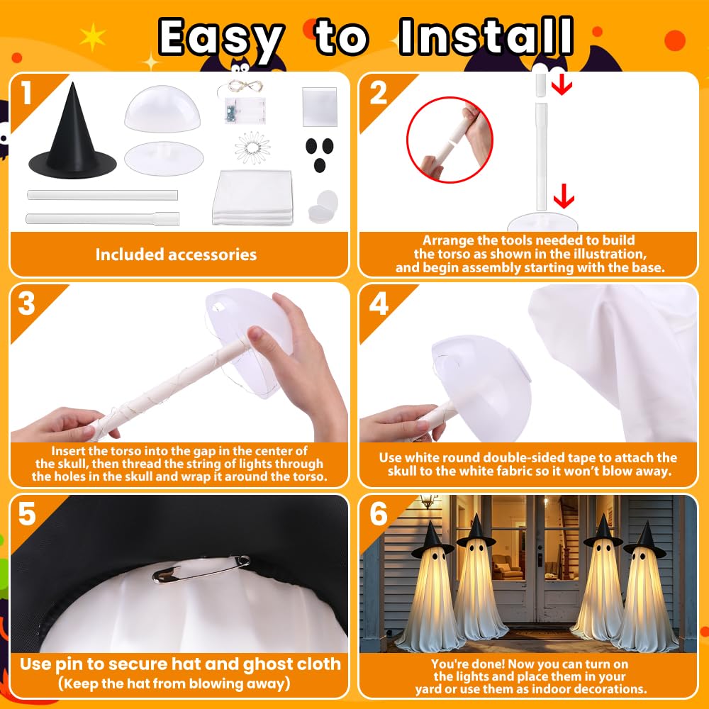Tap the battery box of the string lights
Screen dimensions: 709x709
[245, 111]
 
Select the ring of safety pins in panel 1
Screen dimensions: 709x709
[252, 147]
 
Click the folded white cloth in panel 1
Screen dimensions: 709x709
[253, 197]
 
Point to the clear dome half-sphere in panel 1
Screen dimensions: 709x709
[162, 109]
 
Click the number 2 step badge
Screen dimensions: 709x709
[379, 94]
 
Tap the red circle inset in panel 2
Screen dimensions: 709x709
[450, 140]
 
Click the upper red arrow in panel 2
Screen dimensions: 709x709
[562, 84]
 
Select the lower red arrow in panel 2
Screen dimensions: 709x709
[564, 196]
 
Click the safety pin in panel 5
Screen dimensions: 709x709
[201, 569]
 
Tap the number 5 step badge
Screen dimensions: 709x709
[27, 513]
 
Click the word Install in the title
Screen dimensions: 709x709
[486, 36]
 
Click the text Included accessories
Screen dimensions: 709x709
[176, 255]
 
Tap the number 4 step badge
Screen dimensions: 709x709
[379, 303]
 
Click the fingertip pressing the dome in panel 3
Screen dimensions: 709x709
[256, 335]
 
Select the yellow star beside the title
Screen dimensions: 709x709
[93, 37]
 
